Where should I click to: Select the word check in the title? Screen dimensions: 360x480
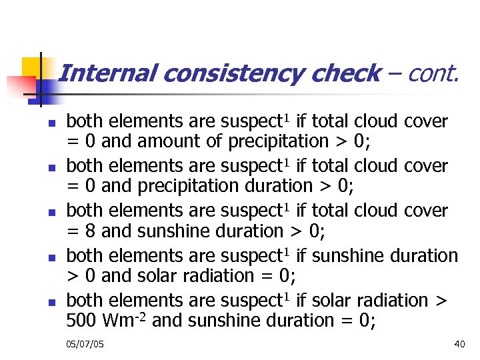pos(345,73)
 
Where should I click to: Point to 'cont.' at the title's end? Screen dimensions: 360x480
pos(433,73)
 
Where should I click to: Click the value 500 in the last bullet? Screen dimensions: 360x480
pos(82,321)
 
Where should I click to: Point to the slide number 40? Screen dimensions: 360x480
pos(459,343)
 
